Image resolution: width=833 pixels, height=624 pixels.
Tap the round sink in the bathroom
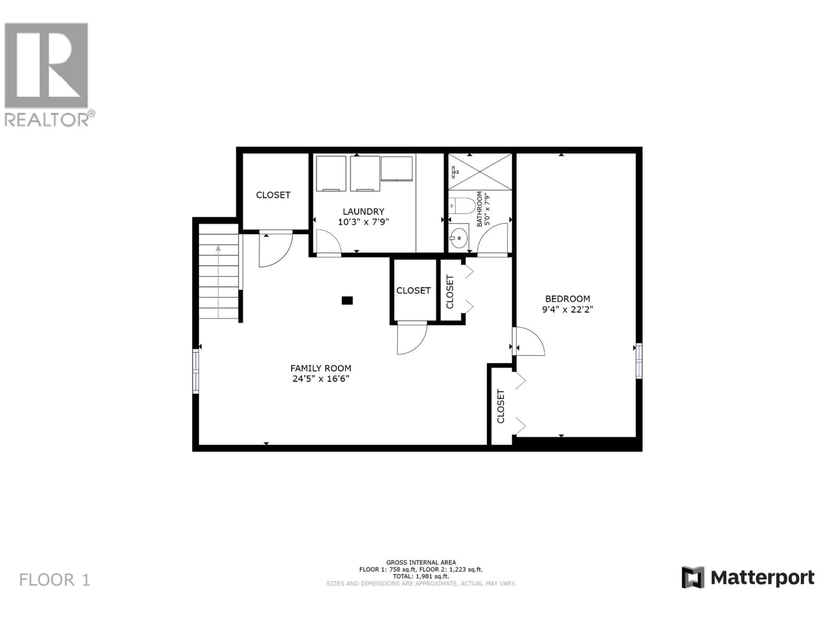[x=459, y=238]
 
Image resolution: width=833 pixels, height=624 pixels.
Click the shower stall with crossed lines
[x=480, y=172]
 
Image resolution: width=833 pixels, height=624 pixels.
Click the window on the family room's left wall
[x=195, y=371]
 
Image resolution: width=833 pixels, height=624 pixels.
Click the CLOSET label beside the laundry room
[x=273, y=195]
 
